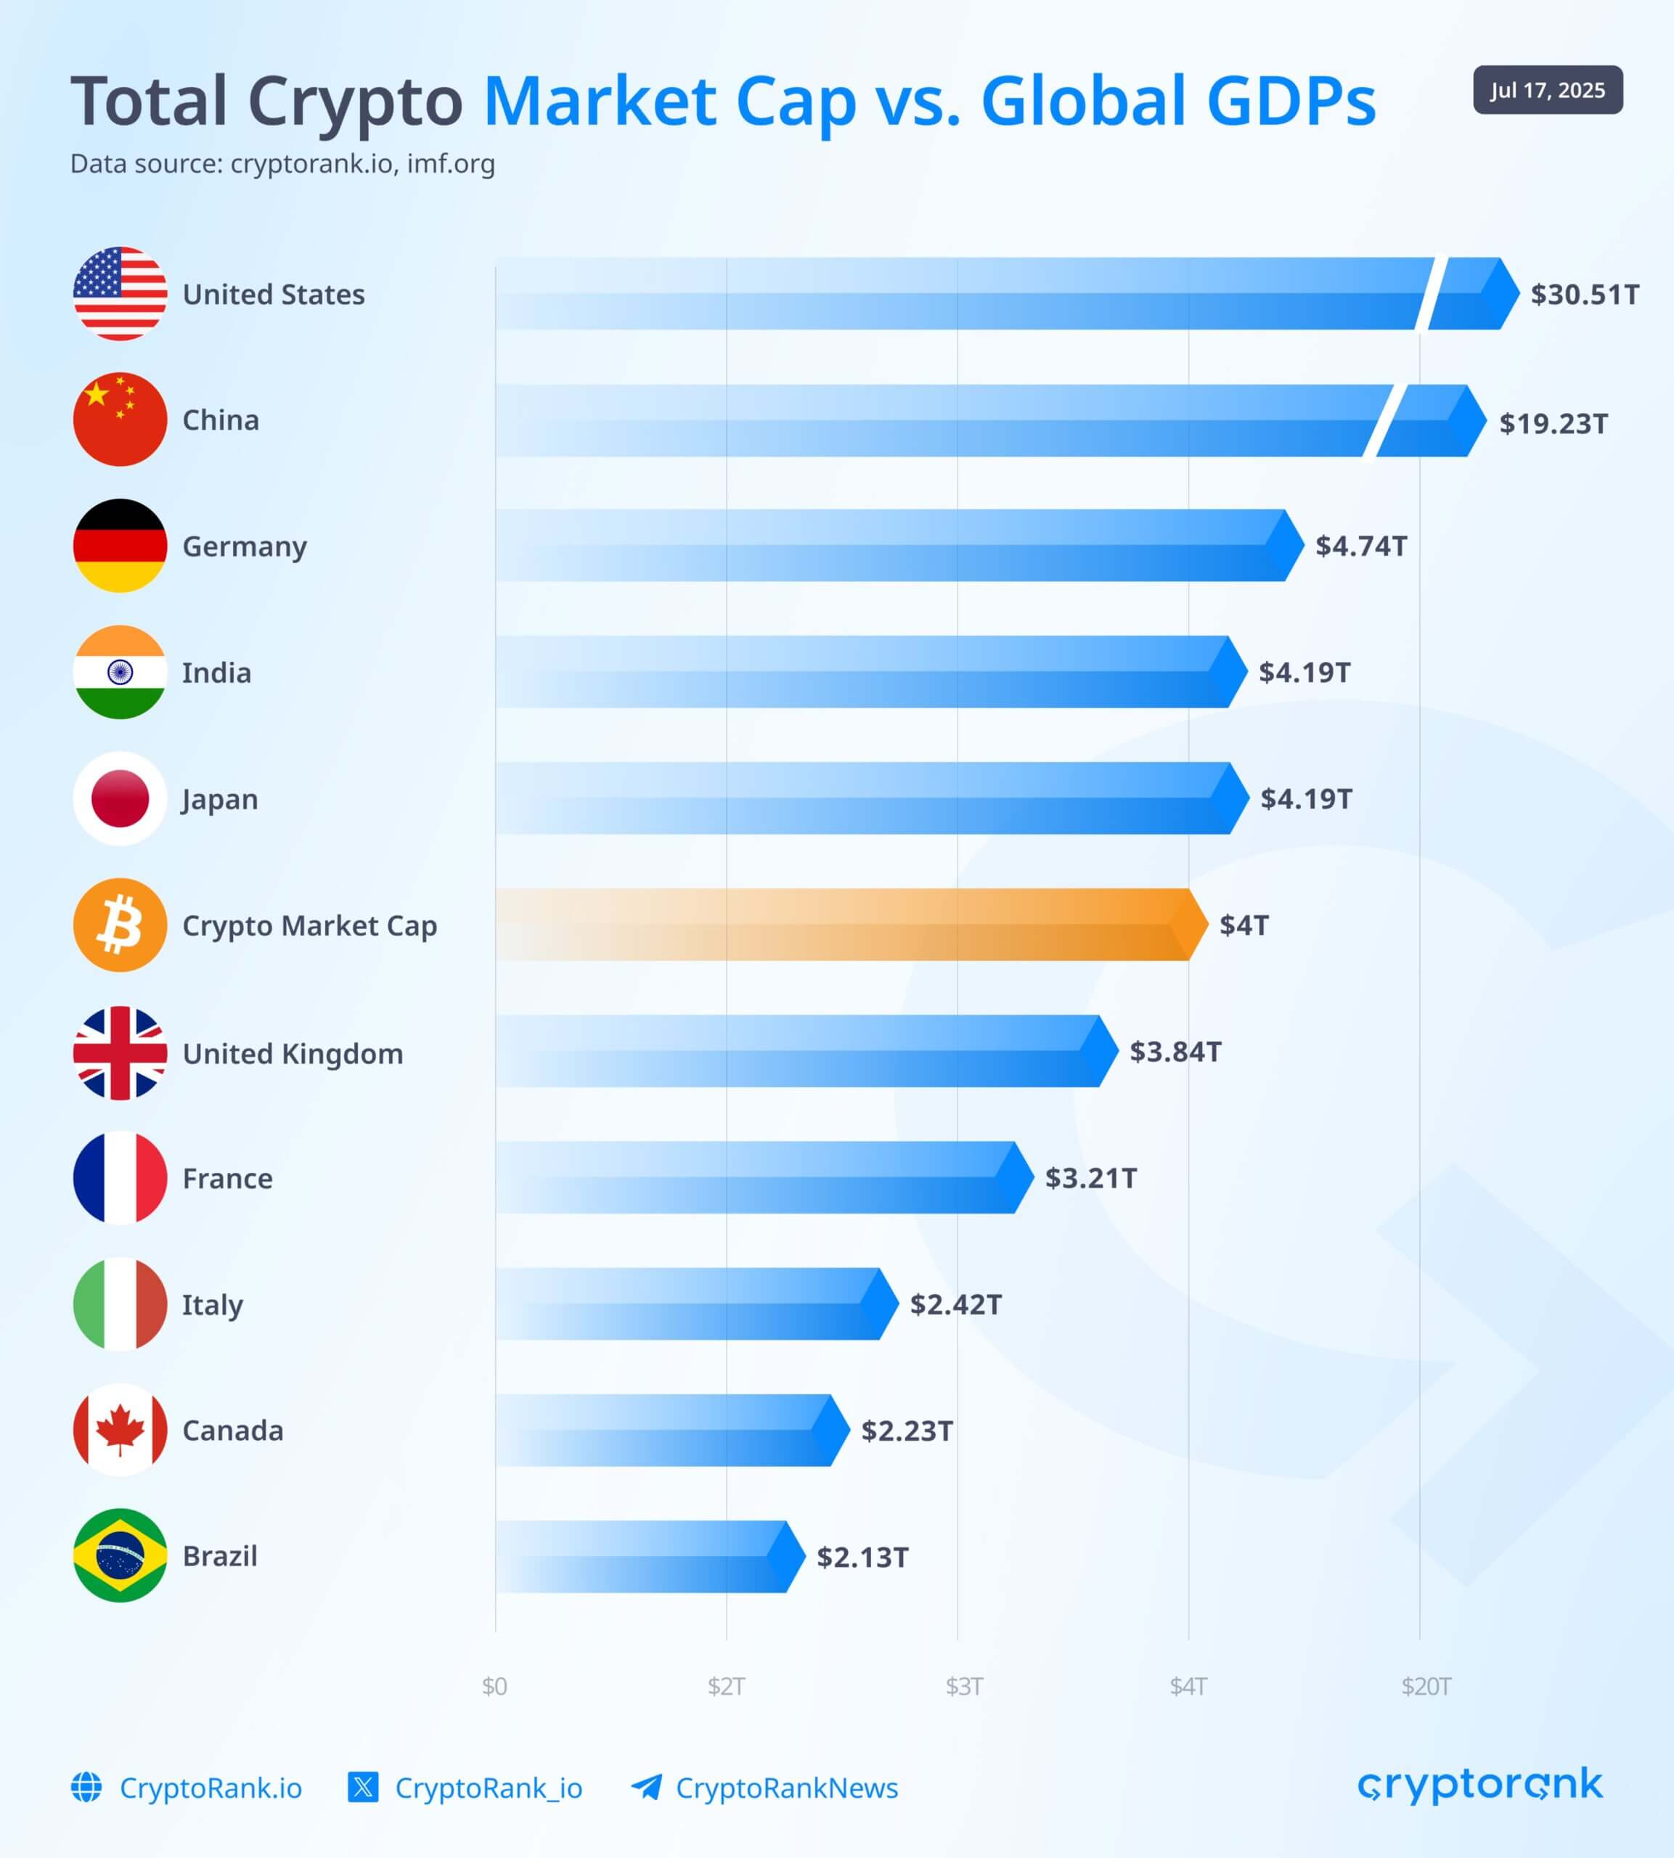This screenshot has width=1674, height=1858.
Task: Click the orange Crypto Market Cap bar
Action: tap(846, 925)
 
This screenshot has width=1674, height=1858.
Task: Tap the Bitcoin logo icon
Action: tap(120, 925)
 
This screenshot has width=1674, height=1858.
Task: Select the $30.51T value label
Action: tap(1584, 294)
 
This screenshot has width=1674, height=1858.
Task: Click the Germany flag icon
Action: tap(120, 545)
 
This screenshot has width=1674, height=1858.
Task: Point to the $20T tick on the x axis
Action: tap(1426, 1686)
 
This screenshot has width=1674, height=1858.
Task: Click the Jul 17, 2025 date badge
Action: tap(1547, 90)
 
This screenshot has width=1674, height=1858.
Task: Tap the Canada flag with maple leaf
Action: tap(120, 1430)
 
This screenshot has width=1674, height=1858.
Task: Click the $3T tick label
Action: tap(964, 1686)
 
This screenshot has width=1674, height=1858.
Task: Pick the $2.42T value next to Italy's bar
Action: tap(955, 1304)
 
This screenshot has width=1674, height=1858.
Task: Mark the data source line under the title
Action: tap(282, 163)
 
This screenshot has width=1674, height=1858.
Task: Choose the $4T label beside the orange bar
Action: tap(1244, 925)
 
